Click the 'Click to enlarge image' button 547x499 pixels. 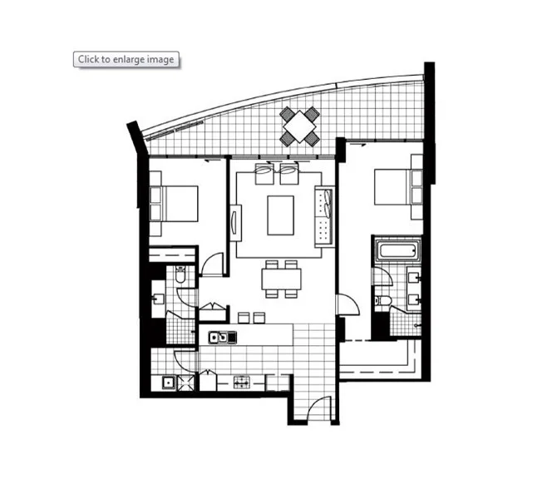[126, 59]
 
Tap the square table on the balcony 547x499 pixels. [299, 126]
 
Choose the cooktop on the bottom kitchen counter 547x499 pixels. [242, 382]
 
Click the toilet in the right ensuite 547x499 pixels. [380, 300]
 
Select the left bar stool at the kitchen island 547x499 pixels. [244, 316]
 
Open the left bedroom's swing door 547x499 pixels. [213, 264]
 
